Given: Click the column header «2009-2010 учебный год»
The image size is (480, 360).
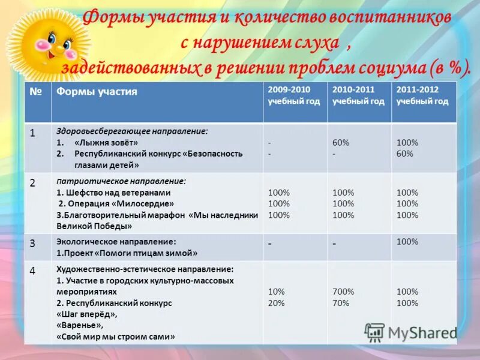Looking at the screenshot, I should click(x=293, y=95).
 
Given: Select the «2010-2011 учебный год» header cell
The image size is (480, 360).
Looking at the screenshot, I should click(x=358, y=95).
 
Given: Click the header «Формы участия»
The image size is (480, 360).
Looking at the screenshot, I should click(x=97, y=91).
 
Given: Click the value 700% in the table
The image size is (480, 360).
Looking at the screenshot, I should click(x=343, y=292).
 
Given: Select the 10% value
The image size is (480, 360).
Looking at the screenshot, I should click(x=276, y=292).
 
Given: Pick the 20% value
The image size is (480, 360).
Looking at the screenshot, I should click(x=276, y=303).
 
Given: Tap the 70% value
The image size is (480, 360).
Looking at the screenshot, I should click(x=341, y=303).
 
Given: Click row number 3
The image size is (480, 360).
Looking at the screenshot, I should click(x=33, y=243).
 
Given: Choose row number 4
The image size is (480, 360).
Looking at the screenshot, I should click(x=33, y=271).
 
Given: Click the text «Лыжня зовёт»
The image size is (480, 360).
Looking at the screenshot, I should click(x=106, y=143).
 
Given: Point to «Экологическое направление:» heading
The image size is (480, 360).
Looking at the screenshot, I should click(x=116, y=241).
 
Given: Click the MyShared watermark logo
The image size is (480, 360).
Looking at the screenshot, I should click(x=411, y=332).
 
